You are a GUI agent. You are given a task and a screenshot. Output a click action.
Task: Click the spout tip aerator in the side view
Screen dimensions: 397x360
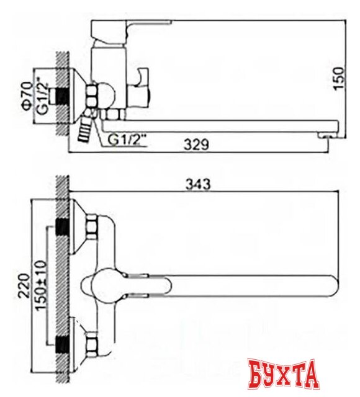pyautogui.click(x=325, y=134)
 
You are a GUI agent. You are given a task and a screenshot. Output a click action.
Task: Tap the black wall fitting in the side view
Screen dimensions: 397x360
pyautogui.click(x=61, y=95)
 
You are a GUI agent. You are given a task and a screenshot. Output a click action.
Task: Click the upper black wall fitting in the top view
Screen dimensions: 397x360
pyautogui.click(x=62, y=226)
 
